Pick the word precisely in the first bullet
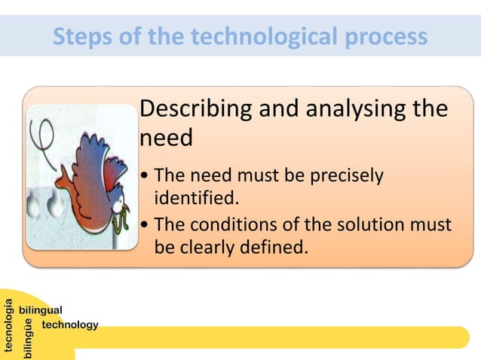pos(344,176)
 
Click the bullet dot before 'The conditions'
pos(145,225)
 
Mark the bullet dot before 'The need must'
pos(145,177)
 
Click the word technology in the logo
pos(70,325)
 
